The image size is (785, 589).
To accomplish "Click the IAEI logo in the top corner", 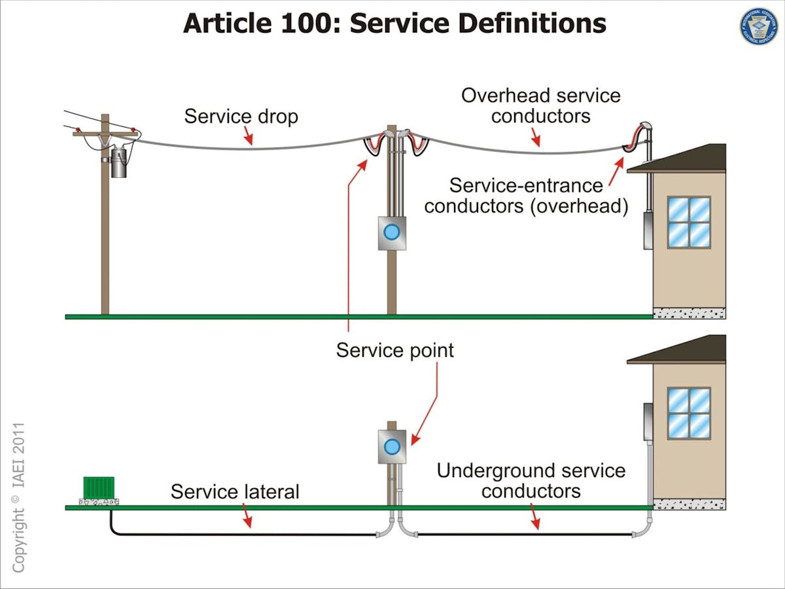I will click(758, 27).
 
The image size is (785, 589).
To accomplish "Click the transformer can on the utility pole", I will click(118, 162).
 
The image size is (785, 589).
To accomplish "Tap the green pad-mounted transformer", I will click(99, 488).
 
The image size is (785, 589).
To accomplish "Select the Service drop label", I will click(241, 116).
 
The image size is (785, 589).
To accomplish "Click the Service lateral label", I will click(235, 491).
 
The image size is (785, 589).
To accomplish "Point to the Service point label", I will click(394, 350).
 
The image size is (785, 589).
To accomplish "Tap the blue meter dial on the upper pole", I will click(391, 232).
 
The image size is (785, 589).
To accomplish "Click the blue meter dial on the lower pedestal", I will click(391, 446).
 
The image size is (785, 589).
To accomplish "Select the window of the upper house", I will click(689, 222).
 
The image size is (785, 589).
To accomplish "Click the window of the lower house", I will click(689, 413).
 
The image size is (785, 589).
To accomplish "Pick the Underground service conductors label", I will click(531, 480).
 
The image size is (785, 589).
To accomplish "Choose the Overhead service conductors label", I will click(540, 105).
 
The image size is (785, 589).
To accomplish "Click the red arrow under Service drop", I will click(248, 135).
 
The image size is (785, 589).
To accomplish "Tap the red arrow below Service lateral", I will click(247, 518).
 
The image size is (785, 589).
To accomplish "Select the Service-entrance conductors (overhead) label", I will click(526, 196).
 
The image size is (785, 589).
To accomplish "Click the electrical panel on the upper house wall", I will click(648, 229).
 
